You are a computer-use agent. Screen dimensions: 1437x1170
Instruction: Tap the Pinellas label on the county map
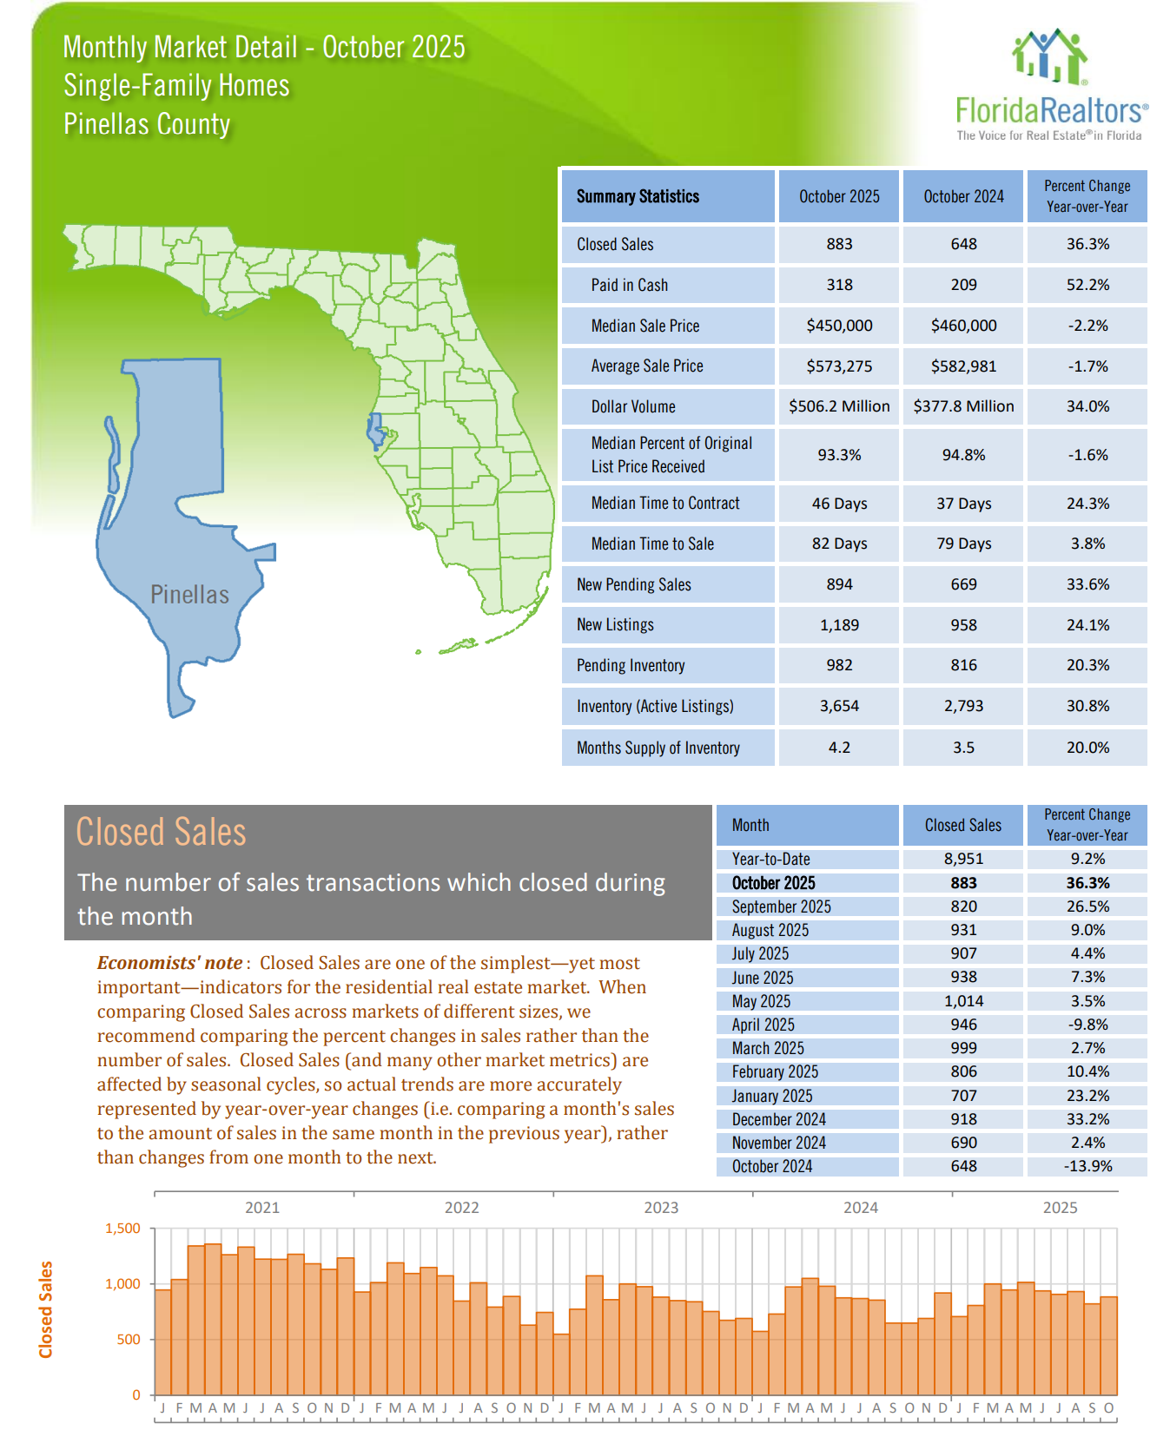(189, 595)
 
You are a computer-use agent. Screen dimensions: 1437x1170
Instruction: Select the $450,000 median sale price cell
(839, 326)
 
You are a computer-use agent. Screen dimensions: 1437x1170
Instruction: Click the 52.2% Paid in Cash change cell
(1087, 285)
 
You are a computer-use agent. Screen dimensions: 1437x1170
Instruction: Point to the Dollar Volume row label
(633, 406)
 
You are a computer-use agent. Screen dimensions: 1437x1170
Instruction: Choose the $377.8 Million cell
(963, 406)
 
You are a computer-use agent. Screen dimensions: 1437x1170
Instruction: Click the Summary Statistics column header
(638, 196)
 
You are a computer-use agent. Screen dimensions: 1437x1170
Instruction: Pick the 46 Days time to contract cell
(839, 504)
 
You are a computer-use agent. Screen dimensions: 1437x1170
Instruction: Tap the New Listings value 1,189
(839, 625)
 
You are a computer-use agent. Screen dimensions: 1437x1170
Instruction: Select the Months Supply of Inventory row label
(658, 748)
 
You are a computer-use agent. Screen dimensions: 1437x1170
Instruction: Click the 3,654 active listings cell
(839, 706)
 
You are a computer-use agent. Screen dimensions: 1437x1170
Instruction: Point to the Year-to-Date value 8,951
(963, 859)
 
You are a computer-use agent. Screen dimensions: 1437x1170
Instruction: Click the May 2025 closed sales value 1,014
(963, 1001)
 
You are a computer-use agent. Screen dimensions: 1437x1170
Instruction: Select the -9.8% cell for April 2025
(1087, 1025)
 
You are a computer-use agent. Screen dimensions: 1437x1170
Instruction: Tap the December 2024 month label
(779, 1119)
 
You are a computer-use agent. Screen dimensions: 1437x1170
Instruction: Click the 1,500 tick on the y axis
(122, 1229)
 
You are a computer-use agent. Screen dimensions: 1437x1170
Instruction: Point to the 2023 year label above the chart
(661, 1208)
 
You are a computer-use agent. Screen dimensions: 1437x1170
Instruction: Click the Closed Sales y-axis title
(46, 1309)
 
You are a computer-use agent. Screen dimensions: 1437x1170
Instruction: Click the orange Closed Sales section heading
(161, 832)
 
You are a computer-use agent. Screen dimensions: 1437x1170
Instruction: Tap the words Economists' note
(169, 963)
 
